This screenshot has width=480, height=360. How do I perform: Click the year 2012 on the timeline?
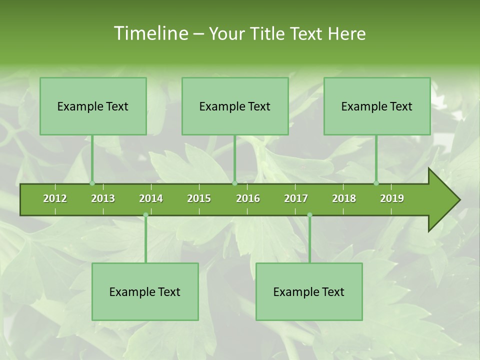coord(55,198)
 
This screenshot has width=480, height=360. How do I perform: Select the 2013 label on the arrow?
coord(103,198)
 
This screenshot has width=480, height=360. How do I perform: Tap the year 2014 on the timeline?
coord(151,198)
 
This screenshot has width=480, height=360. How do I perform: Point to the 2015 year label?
coord(199,198)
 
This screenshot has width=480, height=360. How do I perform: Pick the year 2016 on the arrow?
coord(248,198)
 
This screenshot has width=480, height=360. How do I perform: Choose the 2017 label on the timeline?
coord(296,198)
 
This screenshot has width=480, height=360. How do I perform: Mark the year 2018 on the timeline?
coord(344,198)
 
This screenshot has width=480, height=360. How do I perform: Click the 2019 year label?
coord(392,198)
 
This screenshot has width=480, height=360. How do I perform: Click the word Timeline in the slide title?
coord(150,33)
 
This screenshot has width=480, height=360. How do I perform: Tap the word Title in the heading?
coord(268,33)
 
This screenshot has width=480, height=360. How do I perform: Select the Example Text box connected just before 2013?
coord(93,106)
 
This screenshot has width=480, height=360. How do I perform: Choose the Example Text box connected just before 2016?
coord(235,106)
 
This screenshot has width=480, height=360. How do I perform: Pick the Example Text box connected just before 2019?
coord(377,106)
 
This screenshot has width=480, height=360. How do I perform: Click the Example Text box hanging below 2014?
coord(145,291)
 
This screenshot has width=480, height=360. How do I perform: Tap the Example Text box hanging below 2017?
coord(309,291)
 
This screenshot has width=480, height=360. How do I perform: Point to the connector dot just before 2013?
coord(92,183)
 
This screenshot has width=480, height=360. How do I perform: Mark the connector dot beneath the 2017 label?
coord(309,215)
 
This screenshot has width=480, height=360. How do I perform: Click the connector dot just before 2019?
coord(376,183)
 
